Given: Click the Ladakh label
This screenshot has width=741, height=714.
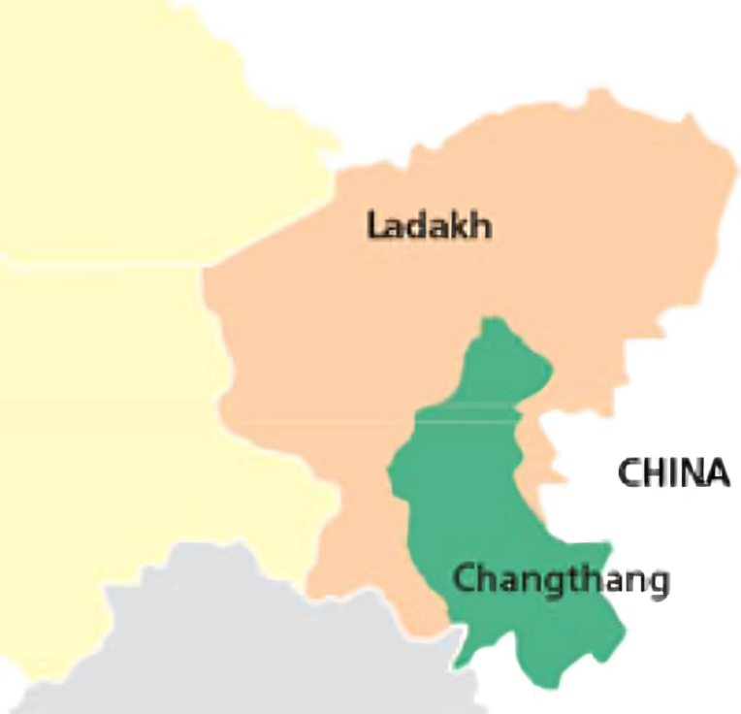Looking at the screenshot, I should [430, 226].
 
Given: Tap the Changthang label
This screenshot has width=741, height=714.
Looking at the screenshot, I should [561, 581].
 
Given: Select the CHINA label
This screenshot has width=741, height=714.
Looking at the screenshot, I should [673, 473].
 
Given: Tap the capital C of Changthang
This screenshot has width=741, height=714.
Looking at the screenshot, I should [465, 580].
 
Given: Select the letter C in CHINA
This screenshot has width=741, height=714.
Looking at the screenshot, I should [628, 473].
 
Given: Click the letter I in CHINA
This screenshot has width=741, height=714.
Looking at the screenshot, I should [671, 473].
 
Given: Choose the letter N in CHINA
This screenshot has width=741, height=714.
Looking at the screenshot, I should [690, 473].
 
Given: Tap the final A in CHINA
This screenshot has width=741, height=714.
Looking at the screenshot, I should [717, 473].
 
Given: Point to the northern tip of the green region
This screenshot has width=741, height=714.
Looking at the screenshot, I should [495, 319].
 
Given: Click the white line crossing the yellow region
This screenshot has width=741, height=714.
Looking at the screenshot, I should [97, 262].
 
